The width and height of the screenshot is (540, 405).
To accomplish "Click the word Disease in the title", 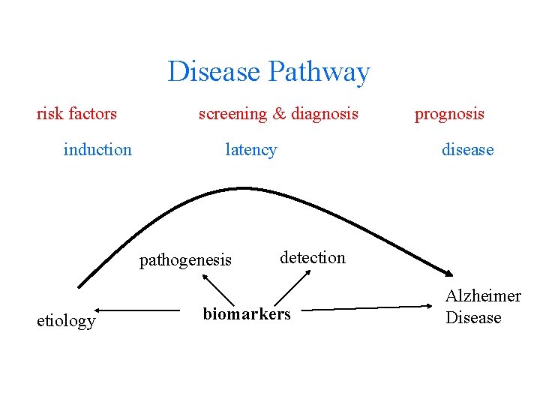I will click(x=214, y=72).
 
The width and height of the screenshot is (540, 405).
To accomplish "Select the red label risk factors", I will click(x=76, y=114).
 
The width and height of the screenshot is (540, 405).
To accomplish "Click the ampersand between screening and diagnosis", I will click(x=279, y=114).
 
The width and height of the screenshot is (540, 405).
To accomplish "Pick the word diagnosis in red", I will click(x=325, y=114).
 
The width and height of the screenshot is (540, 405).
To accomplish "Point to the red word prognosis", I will click(x=449, y=115).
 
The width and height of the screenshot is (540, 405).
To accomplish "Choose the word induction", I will click(x=97, y=149).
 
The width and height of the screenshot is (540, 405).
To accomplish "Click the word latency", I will click(x=251, y=149).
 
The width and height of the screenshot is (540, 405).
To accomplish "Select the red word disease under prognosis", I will click(x=467, y=149).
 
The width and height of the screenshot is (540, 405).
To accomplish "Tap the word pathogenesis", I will click(x=186, y=260).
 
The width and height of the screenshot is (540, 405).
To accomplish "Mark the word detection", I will click(x=313, y=257).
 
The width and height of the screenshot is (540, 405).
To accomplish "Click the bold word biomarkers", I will click(x=246, y=313).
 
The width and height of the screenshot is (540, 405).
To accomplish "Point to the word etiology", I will click(x=66, y=321).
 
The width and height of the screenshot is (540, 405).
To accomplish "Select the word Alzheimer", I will click(x=483, y=295).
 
